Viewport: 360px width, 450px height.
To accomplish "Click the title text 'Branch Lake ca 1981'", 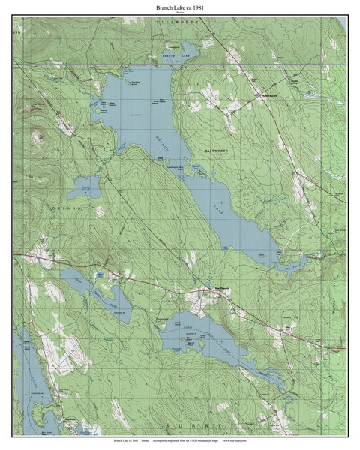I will click(180, 7).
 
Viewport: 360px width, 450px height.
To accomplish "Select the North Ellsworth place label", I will click(268, 95).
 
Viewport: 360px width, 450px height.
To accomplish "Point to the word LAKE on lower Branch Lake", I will click(217, 203).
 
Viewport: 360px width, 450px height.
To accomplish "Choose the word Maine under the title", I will click(180, 13).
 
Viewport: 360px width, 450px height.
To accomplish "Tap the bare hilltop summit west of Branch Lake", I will click(36, 138).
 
